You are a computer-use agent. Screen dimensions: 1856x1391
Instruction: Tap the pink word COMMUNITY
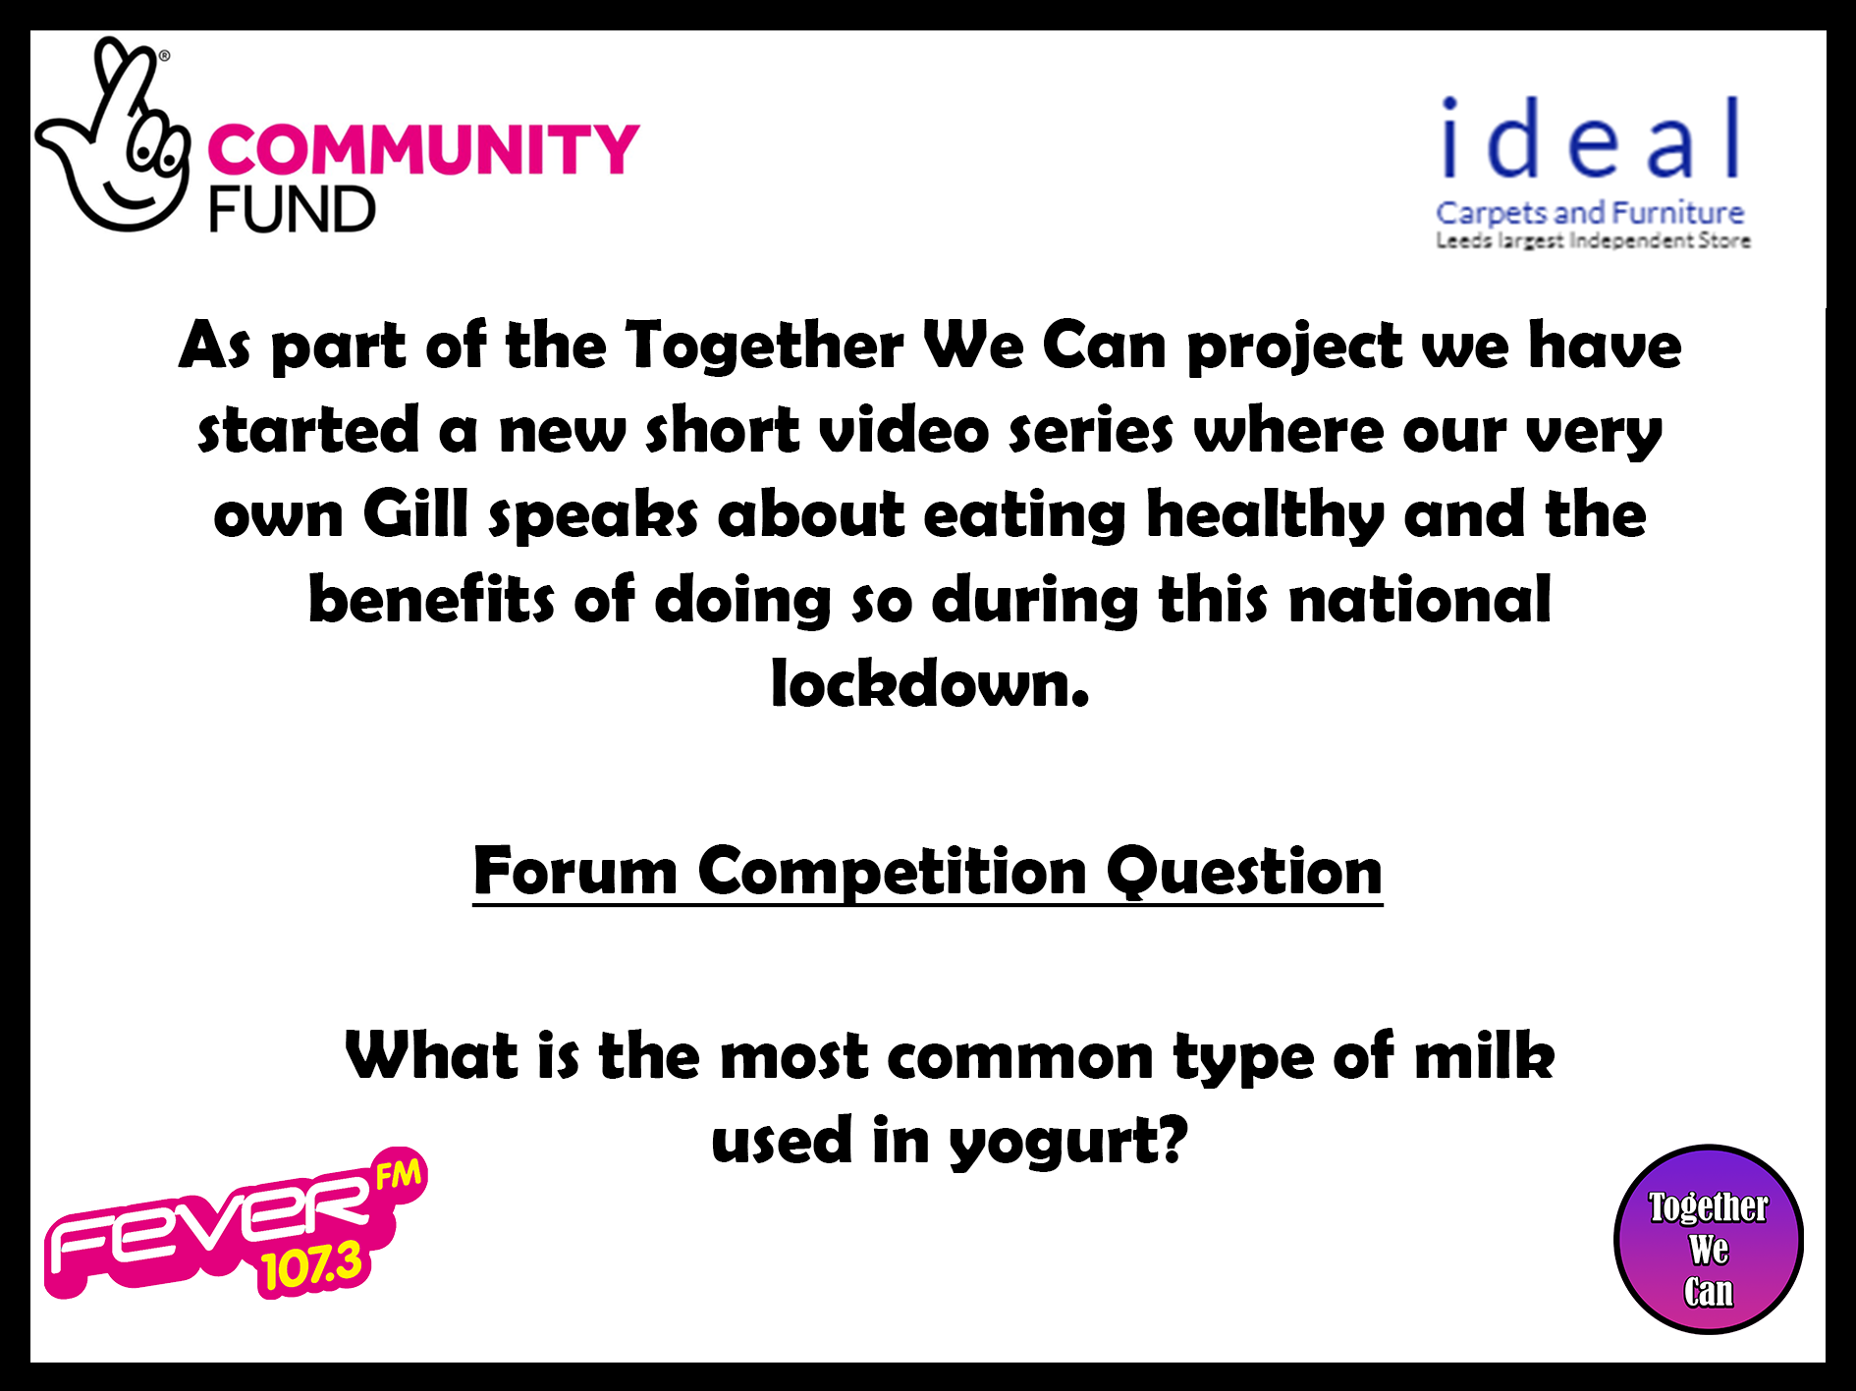click(423, 150)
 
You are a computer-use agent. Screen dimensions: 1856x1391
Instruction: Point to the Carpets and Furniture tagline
click(1590, 212)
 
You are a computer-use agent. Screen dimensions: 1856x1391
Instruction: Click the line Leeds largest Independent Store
click(1593, 241)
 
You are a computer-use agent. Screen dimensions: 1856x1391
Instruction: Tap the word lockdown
click(930, 683)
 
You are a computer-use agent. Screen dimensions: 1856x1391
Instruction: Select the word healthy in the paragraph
click(1266, 514)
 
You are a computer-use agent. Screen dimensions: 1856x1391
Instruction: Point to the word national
click(1420, 599)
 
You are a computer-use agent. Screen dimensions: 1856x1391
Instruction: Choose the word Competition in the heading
click(893, 872)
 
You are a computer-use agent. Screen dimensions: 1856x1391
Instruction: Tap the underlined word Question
click(1245, 872)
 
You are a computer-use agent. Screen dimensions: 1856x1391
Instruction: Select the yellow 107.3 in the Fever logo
click(310, 1266)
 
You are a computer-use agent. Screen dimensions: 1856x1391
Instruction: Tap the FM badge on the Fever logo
click(399, 1174)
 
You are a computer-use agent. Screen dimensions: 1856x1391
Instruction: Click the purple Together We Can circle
click(1709, 1239)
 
